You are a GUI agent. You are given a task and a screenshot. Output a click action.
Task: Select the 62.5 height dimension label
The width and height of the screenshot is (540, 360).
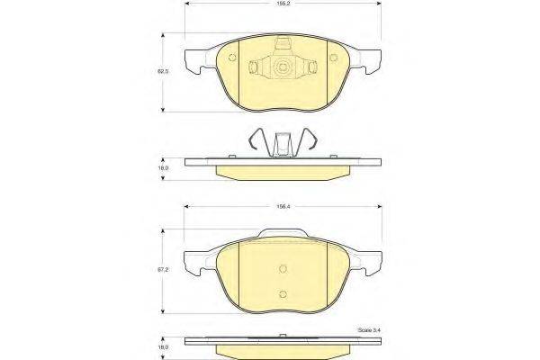pos(163,70)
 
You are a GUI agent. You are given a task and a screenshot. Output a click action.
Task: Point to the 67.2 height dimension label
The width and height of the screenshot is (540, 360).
pos(164,268)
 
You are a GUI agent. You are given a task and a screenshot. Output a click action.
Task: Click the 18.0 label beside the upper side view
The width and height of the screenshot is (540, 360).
pos(164,167)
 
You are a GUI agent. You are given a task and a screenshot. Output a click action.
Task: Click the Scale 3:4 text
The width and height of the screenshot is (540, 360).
pos(368,332)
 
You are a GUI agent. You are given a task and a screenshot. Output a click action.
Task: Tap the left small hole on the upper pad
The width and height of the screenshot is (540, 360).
pos(232,60)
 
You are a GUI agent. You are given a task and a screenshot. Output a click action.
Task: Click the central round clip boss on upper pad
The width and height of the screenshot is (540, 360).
pos(283,67)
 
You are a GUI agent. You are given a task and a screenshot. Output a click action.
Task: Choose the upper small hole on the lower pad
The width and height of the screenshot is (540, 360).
pos(283,268)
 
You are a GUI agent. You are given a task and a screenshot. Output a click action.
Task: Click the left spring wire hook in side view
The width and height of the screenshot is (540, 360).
pos(257,142)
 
